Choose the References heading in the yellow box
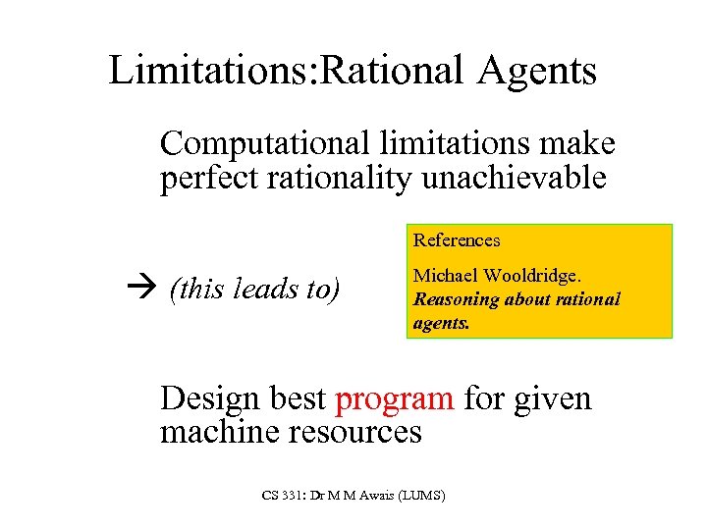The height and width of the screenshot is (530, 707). point(457,240)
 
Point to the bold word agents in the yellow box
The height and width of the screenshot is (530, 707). point(441,320)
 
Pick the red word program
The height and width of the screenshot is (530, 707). point(394,399)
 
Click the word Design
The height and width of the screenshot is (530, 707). point(205,399)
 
